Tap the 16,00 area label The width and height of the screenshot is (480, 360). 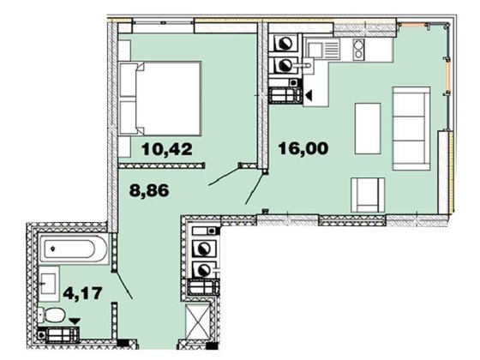tap(304, 148)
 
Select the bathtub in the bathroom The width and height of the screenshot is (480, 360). tap(75, 252)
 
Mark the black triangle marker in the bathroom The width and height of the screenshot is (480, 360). tap(75, 321)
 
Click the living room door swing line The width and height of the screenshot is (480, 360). tap(255, 189)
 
